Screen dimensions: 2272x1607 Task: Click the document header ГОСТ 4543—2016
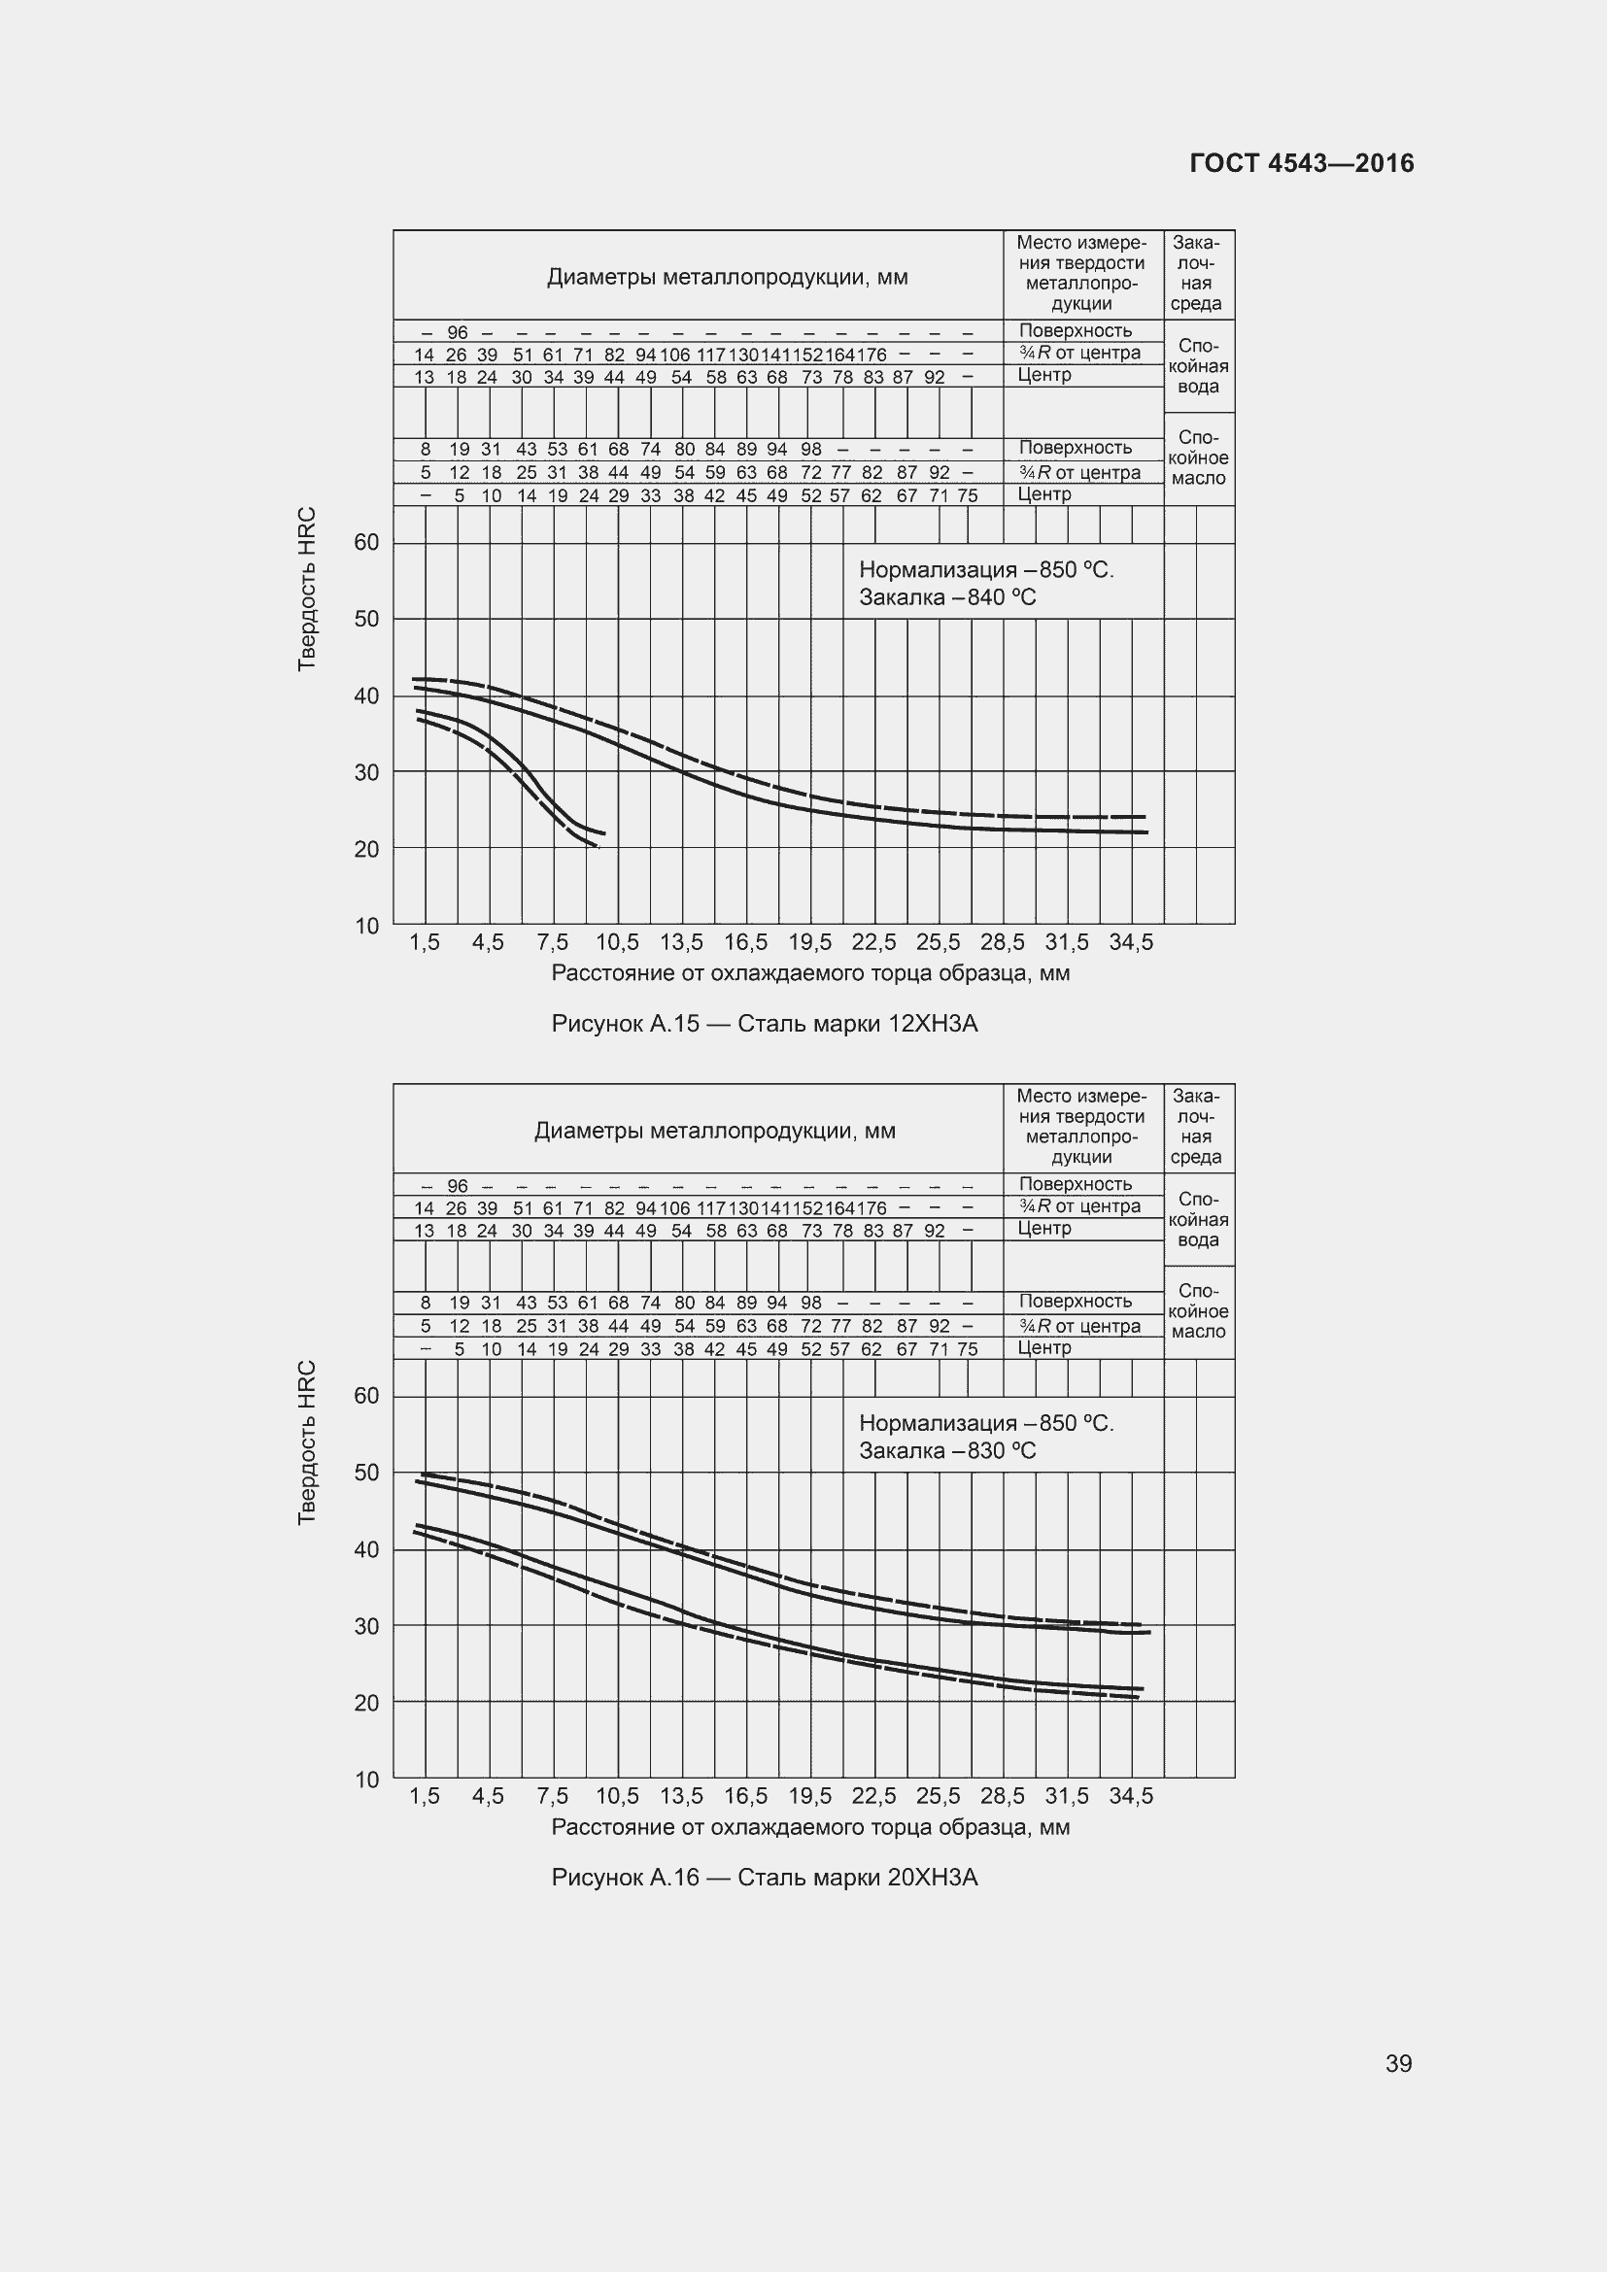(1301, 163)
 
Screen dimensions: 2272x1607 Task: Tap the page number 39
(1398, 2063)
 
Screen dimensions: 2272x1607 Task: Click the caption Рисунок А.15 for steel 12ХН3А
(764, 1024)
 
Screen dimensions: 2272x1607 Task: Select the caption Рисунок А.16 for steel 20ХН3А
(764, 1878)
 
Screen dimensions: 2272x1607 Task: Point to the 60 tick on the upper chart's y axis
(366, 542)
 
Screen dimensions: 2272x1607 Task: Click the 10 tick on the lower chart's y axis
(366, 1780)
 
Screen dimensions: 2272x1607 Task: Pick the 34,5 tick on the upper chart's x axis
(1131, 943)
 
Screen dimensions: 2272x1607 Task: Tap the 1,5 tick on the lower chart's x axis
(425, 1796)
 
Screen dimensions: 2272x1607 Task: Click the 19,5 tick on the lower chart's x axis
(809, 1796)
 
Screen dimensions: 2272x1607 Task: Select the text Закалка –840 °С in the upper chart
(947, 597)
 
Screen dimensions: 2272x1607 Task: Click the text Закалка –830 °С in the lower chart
(947, 1450)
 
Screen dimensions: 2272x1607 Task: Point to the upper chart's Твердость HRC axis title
(307, 589)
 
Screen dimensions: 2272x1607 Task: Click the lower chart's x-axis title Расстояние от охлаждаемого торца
(809, 1827)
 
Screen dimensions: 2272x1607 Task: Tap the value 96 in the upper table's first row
(458, 332)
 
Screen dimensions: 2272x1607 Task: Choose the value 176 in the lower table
(871, 1208)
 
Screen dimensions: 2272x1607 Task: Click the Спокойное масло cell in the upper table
(1198, 458)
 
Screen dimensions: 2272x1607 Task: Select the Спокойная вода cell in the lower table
(1198, 1220)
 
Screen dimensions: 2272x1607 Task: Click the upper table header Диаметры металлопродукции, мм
(728, 277)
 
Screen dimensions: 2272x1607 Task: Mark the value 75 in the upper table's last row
(967, 495)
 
